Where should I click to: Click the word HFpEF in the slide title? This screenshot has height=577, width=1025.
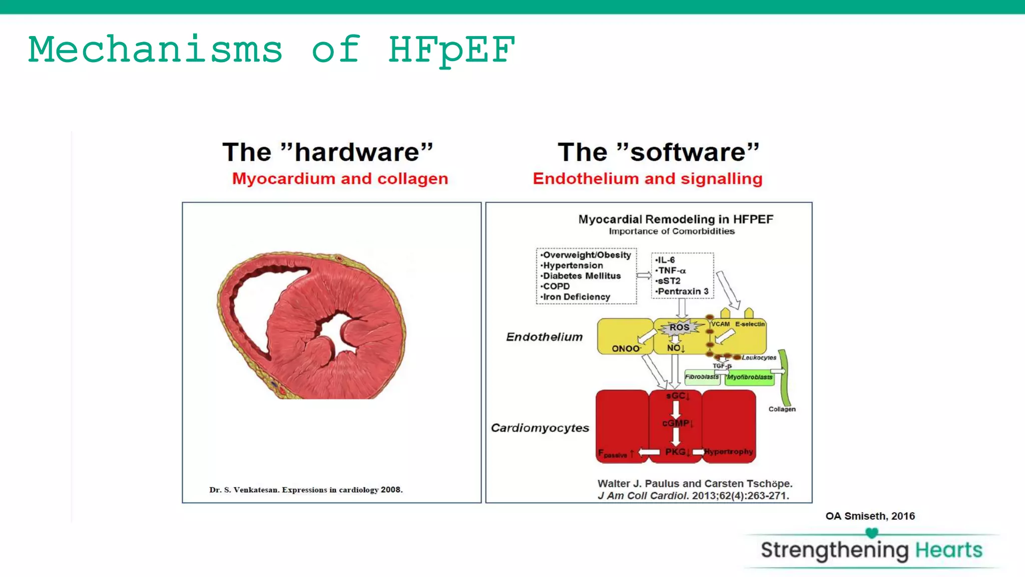[x=451, y=50]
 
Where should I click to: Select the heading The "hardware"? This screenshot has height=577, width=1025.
[x=327, y=152]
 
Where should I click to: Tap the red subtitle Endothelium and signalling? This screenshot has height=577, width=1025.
[x=647, y=179]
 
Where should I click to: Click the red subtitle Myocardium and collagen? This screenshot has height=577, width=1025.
[x=340, y=179]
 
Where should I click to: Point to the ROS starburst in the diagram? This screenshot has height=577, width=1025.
[x=679, y=328]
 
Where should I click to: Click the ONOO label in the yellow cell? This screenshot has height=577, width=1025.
[x=626, y=349]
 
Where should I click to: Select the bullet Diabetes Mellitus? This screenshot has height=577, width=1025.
[x=582, y=276]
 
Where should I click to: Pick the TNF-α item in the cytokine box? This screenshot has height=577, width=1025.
[x=671, y=270]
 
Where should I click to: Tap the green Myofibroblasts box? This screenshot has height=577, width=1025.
[x=750, y=377]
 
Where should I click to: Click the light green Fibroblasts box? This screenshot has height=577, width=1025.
[x=702, y=377]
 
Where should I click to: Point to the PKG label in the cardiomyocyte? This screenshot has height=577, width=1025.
[x=676, y=452]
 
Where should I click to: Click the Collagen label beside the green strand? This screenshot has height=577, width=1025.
[x=782, y=409]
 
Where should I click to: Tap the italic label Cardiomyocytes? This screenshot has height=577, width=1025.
[x=540, y=428]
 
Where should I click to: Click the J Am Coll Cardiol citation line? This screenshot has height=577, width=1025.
[x=693, y=496]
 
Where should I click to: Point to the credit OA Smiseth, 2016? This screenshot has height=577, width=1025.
[x=870, y=516]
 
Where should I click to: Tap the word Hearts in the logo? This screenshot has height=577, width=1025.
[x=948, y=550]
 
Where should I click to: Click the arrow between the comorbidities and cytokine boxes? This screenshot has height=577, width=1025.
[x=644, y=275]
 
